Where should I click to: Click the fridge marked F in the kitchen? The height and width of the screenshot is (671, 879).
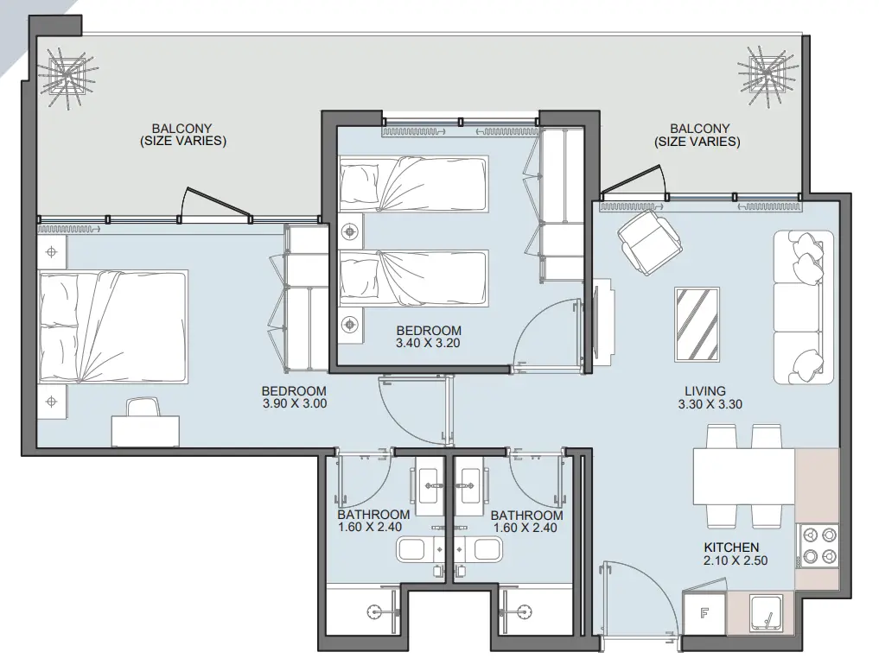click(704, 614)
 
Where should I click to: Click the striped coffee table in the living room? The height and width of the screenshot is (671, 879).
click(697, 325)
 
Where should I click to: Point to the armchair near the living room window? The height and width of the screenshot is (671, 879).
click(650, 242)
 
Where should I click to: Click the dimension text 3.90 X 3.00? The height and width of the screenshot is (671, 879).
click(295, 403)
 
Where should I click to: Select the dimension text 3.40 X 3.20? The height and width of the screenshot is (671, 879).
click(428, 343)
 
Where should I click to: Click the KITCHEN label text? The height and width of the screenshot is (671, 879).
click(731, 548)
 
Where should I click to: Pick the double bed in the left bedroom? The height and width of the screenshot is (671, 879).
click(112, 327)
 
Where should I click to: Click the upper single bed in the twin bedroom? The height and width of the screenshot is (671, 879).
click(413, 184)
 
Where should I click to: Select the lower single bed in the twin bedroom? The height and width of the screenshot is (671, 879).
click(413, 278)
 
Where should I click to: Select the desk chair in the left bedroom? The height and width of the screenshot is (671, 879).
click(143, 407)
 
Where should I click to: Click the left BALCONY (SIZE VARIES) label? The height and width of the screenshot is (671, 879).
click(182, 135)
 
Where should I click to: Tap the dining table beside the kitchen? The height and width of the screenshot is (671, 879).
click(744, 477)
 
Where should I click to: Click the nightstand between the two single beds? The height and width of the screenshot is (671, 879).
click(351, 231)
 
